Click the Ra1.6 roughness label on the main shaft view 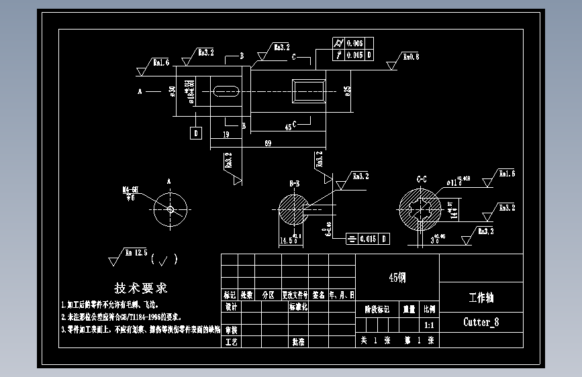161,63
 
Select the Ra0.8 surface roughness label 411,57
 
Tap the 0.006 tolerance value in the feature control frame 354,44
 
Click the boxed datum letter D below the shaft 196,133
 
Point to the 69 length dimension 269,143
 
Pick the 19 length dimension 224,134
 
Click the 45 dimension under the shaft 288,126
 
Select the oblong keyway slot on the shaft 227,90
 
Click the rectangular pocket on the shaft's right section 309,90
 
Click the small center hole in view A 171,209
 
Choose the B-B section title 294,183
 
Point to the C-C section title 422,179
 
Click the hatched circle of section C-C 420,209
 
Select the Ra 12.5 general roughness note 136,253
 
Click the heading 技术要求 141,288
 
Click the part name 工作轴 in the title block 481,297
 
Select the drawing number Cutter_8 481,322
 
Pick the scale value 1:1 429,324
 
